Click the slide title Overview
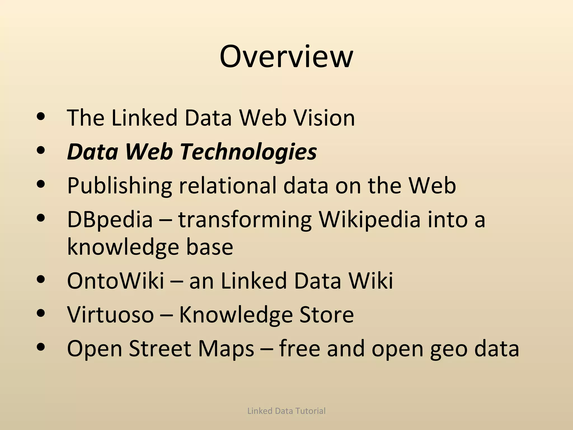[x=286, y=57]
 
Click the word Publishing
[x=119, y=186]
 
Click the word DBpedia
[x=110, y=220]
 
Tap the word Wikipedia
[x=370, y=220]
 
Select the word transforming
[x=245, y=220]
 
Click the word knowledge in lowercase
[x=123, y=247]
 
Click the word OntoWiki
[x=116, y=281]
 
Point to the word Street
[x=160, y=349]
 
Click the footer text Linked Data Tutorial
[x=286, y=411]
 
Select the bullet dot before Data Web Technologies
[x=41, y=150]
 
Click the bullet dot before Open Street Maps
[x=41, y=347]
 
